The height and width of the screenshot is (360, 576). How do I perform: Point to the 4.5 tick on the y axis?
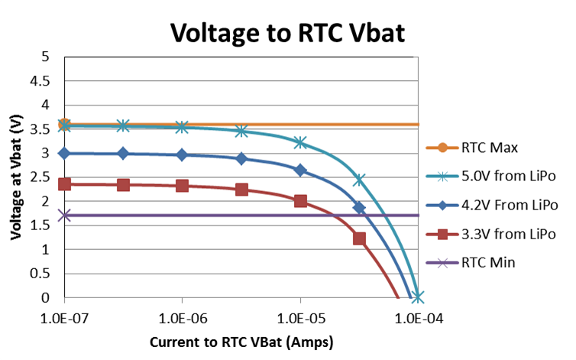click(48, 81)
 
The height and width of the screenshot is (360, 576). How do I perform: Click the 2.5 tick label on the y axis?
click(48, 177)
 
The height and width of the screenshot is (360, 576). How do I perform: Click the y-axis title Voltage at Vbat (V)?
click(16, 177)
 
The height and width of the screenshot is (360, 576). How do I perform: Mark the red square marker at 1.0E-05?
click(300, 201)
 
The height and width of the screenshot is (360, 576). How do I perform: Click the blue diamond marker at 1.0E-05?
click(300, 170)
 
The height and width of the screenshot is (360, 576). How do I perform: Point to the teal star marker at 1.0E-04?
click(418, 297)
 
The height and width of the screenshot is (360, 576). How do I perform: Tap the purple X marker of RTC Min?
click(64, 216)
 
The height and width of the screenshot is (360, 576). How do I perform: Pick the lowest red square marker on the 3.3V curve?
click(359, 238)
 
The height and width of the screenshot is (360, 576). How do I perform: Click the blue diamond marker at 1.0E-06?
click(182, 154)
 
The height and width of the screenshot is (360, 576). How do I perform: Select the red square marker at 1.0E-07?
click(64, 184)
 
